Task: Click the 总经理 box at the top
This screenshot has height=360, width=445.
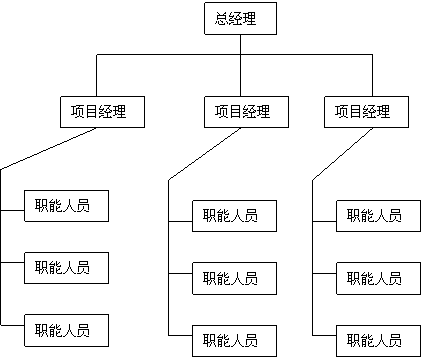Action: (x=241, y=19)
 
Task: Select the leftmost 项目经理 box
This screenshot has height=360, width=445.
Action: (x=102, y=111)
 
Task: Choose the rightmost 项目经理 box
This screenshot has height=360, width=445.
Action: (x=367, y=112)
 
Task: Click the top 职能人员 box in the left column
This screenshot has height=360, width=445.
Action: (x=64, y=206)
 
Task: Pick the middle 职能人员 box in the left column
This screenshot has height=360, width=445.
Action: (x=64, y=267)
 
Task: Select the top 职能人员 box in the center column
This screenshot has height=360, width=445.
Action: (x=232, y=216)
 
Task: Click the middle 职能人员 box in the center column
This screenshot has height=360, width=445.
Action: (x=232, y=277)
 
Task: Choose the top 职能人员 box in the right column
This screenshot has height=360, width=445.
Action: (x=376, y=216)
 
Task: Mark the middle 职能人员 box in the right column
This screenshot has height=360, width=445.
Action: (x=376, y=277)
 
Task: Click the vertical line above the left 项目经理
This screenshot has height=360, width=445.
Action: (x=96, y=81)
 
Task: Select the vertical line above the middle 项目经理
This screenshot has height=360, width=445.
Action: (x=241, y=81)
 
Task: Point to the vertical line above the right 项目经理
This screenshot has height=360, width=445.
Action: (x=372, y=81)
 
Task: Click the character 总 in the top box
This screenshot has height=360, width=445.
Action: (x=222, y=19)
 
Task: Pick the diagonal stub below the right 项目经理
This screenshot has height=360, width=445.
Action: (x=360, y=134)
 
